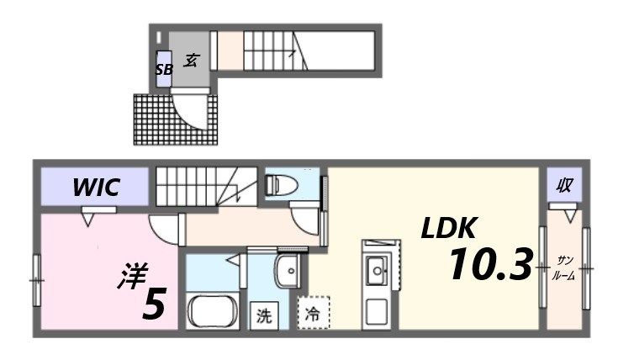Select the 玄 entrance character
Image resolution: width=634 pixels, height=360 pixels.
[x=191, y=60]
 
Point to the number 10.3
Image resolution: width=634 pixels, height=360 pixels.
[x=489, y=266]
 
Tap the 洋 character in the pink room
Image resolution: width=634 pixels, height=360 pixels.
[x=132, y=276]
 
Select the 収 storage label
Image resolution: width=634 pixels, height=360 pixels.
[x=564, y=185]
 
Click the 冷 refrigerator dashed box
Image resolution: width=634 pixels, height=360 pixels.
[x=312, y=315]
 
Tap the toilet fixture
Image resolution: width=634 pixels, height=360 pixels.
[x=279, y=186]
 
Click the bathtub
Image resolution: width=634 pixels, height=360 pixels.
[x=214, y=314]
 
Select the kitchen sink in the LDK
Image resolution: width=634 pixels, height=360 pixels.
[x=378, y=270]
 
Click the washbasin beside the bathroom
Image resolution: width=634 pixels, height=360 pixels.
[x=287, y=272]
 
